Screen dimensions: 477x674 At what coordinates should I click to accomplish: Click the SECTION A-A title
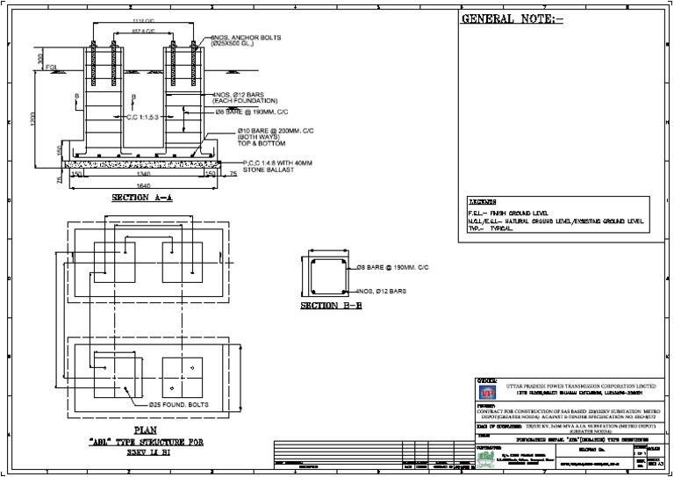(x=141, y=199)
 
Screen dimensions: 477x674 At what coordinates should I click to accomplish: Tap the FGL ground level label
(x=50, y=67)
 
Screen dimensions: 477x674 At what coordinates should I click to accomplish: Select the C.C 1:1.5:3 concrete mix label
(x=148, y=118)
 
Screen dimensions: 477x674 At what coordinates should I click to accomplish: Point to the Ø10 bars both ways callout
(x=269, y=141)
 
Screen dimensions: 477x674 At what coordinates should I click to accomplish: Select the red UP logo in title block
(x=485, y=391)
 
